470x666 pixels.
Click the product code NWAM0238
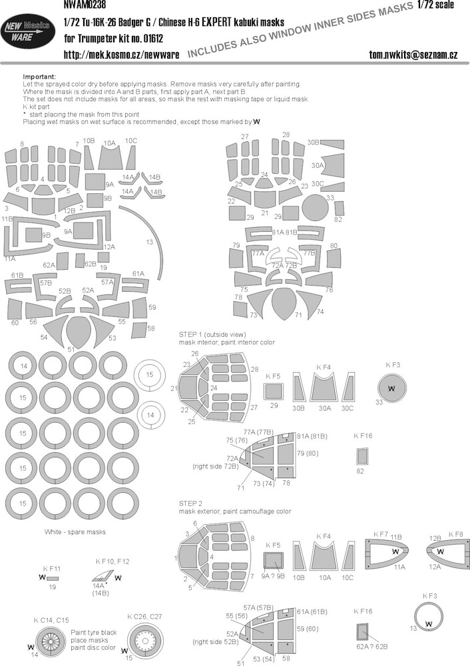tap(84, 5)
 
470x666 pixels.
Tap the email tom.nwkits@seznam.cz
tap(413, 55)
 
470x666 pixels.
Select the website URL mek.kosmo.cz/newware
tap(121, 55)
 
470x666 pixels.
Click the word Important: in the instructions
tap(39, 77)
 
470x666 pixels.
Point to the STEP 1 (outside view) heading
tap(212, 334)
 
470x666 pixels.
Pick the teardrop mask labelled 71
tap(283, 303)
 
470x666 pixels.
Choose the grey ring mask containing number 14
tap(23, 366)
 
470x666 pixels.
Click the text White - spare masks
tap(75, 531)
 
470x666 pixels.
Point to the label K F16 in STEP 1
tap(363, 436)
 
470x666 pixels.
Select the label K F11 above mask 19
tap(52, 568)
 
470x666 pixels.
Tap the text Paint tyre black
tap(94, 633)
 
